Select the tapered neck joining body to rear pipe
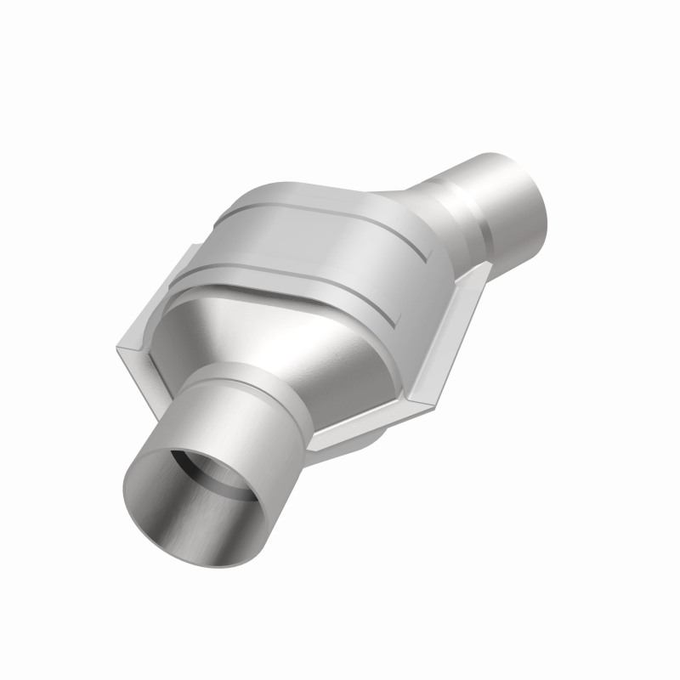click(408, 204)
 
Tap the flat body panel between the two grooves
click(323, 246)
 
